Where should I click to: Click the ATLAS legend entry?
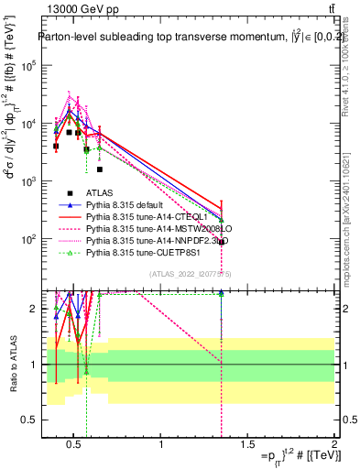coord(100,192)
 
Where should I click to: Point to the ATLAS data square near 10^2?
coord(222,242)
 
